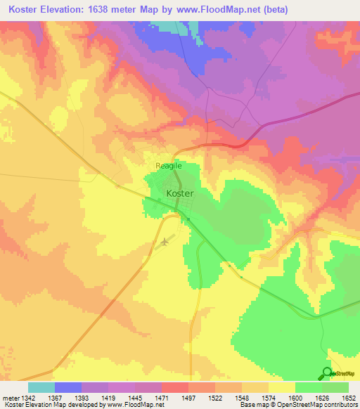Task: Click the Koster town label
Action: (x=179, y=193)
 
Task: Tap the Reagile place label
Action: (x=168, y=166)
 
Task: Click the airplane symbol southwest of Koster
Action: (x=165, y=242)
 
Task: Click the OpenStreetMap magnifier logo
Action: (x=327, y=373)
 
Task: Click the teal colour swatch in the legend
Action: (x=41, y=387)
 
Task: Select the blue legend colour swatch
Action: (x=67, y=387)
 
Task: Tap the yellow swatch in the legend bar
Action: (x=281, y=387)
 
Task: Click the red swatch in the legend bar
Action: (x=174, y=387)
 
